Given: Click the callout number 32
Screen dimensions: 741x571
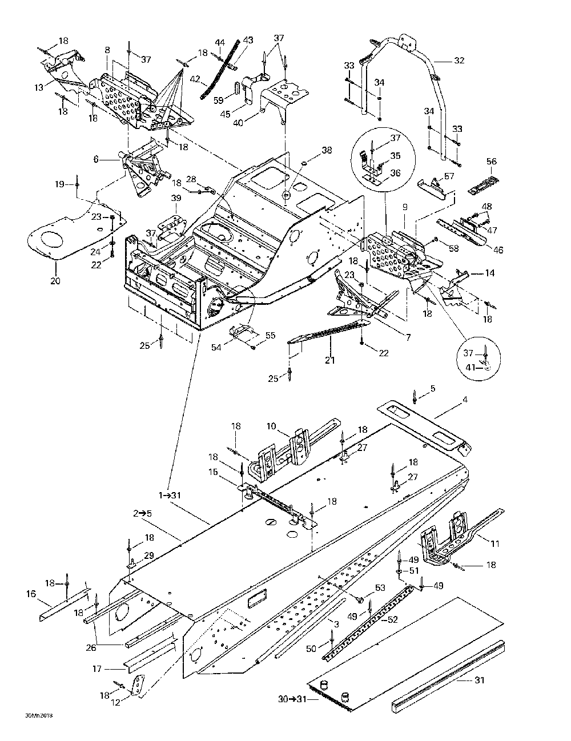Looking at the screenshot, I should (459, 60).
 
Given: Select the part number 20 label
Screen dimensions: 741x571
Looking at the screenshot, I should (55, 281).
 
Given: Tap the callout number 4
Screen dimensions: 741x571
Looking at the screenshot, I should (465, 400).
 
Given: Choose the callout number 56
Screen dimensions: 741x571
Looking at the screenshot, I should (491, 162).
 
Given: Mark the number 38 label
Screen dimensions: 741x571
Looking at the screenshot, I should (326, 151).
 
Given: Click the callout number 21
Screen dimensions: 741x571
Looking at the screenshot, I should (330, 360).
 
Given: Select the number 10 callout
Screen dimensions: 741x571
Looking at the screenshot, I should (271, 426).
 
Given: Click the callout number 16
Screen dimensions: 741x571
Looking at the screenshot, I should (30, 594).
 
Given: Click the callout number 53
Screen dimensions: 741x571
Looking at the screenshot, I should (380, 588).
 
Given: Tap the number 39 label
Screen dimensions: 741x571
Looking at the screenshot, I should (176, 198).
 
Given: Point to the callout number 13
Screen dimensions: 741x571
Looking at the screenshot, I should (39, 87).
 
